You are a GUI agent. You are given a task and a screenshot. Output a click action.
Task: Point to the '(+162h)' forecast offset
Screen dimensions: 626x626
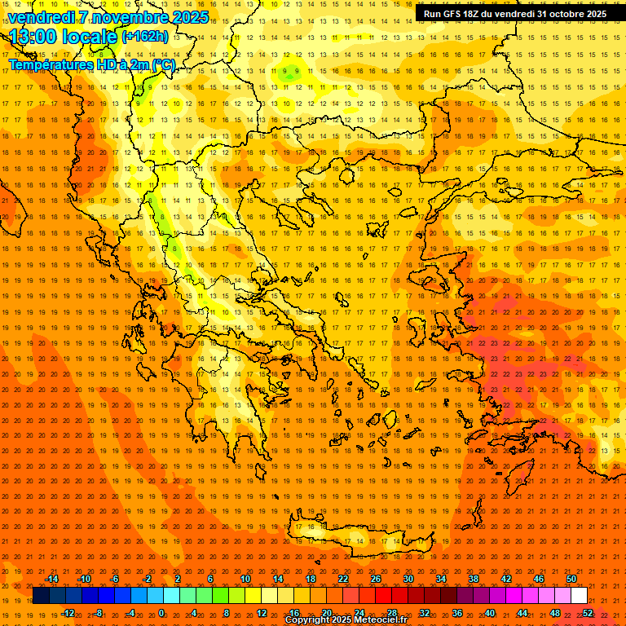point(145,36)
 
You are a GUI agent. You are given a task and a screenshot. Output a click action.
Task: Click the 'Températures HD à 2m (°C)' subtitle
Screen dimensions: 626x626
point(91,64)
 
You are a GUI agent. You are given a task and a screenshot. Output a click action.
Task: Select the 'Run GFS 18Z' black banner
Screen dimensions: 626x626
point(515,13)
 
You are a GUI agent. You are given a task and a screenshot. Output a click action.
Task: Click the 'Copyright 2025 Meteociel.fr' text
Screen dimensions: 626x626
point(346,620)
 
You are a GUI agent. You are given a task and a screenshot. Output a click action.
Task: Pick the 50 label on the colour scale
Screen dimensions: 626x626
point(571,579)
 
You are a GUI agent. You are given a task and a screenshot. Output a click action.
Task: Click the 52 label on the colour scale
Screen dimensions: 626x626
point(588,613)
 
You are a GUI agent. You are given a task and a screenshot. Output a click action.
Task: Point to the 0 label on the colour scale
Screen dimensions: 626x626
point(161,613)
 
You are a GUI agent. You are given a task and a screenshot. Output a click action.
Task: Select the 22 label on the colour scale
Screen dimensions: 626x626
point(343,579)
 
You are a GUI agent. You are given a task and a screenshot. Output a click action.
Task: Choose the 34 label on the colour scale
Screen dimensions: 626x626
point(441,579)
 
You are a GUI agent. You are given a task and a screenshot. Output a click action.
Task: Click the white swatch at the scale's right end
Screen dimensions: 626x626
point(580,596)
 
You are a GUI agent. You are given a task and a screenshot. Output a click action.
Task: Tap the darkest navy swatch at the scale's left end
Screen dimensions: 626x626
point(42,596)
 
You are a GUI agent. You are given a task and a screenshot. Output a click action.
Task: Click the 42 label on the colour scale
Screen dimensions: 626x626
point(506,579)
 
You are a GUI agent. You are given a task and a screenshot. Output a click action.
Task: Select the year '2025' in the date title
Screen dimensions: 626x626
point(189,16)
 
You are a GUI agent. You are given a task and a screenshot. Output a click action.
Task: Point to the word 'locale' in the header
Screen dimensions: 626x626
point(89,37)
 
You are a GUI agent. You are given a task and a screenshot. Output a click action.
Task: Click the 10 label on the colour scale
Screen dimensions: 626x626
point(245,579)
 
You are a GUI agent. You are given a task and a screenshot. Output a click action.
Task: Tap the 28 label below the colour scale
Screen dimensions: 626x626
point(392,613)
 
